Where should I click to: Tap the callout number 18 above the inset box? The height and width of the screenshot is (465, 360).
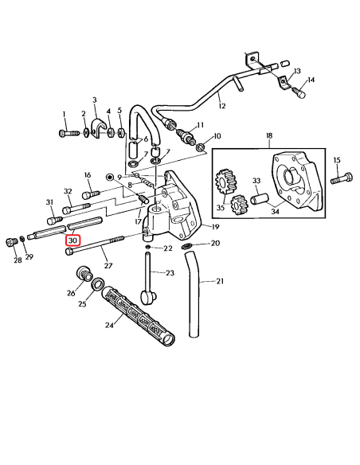(x=268, y=136)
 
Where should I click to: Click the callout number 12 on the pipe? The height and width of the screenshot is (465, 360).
(x=222, y=106)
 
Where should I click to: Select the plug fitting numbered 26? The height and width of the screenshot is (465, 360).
(x=81, y=277)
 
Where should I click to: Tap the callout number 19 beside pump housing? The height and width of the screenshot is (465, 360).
(x=214, y=227)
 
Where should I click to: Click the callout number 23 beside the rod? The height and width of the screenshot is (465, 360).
(x=169, y=273)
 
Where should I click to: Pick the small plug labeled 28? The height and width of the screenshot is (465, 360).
(x=12, y=241)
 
